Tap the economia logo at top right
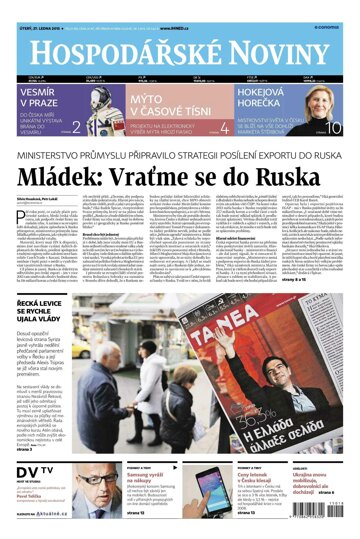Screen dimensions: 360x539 click(x=333, y=9)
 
